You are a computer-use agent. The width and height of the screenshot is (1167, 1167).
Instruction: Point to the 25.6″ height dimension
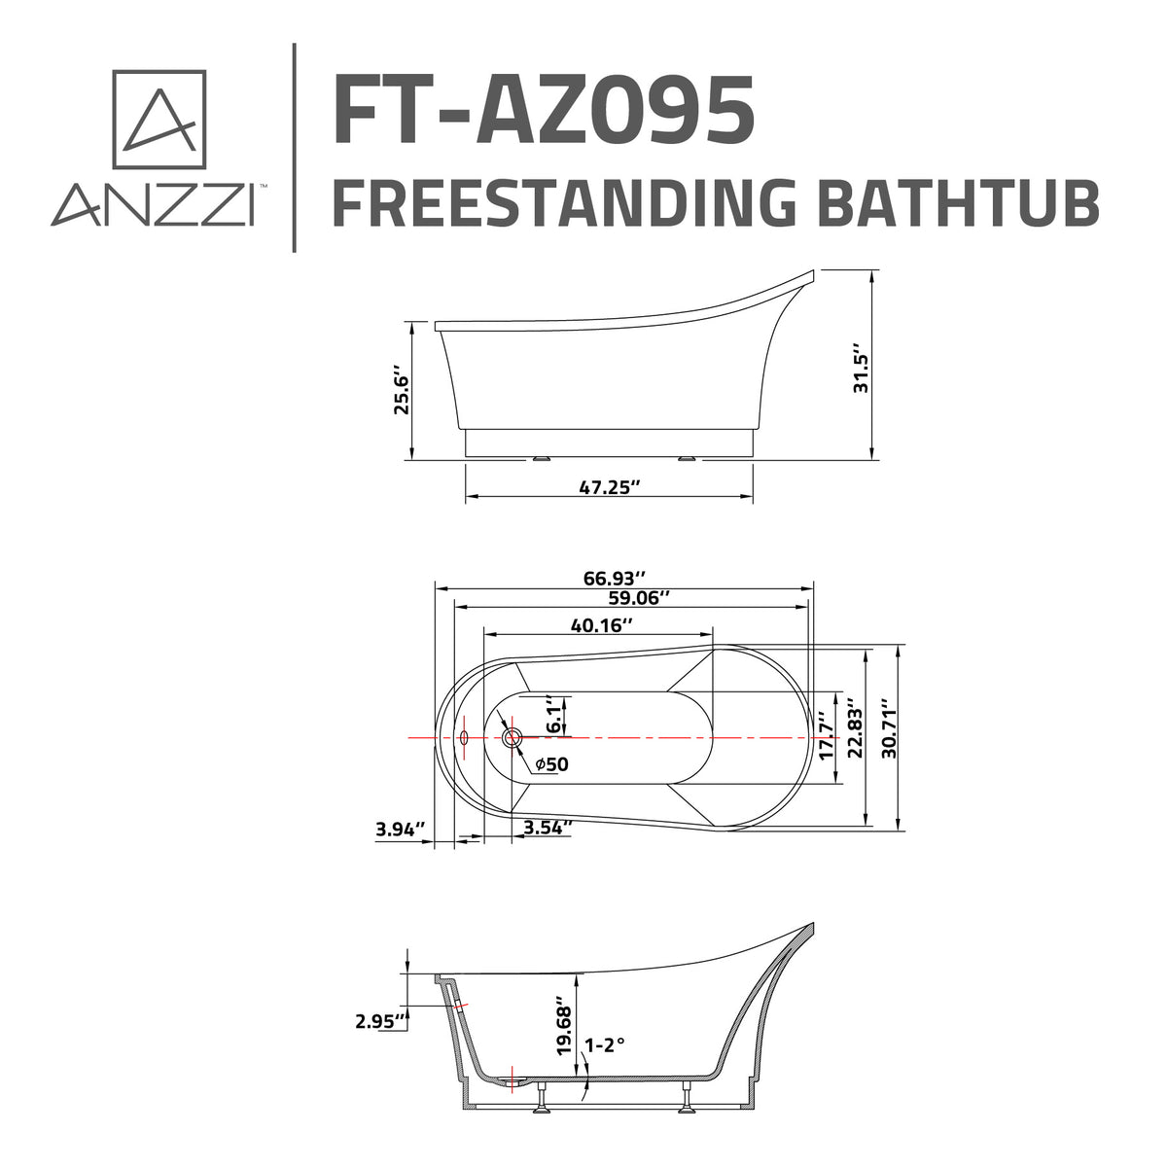coord(400,390)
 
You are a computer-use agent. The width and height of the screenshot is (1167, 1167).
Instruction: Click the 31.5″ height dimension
coord(858,368)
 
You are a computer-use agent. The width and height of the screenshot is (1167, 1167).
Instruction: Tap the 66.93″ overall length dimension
coord(615,578)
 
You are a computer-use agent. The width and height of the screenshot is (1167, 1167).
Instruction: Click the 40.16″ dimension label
coord(602,625)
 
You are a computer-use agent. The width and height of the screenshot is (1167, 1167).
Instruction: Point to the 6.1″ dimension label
coord(552,715)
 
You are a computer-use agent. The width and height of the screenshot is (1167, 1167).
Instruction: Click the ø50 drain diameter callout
coord(551,764)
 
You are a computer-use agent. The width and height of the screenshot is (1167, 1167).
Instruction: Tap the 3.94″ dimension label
coord(401,830)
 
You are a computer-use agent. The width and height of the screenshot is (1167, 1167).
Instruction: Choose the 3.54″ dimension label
coord(548,828)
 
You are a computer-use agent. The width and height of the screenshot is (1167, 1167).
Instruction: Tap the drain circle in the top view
coord(512,738)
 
